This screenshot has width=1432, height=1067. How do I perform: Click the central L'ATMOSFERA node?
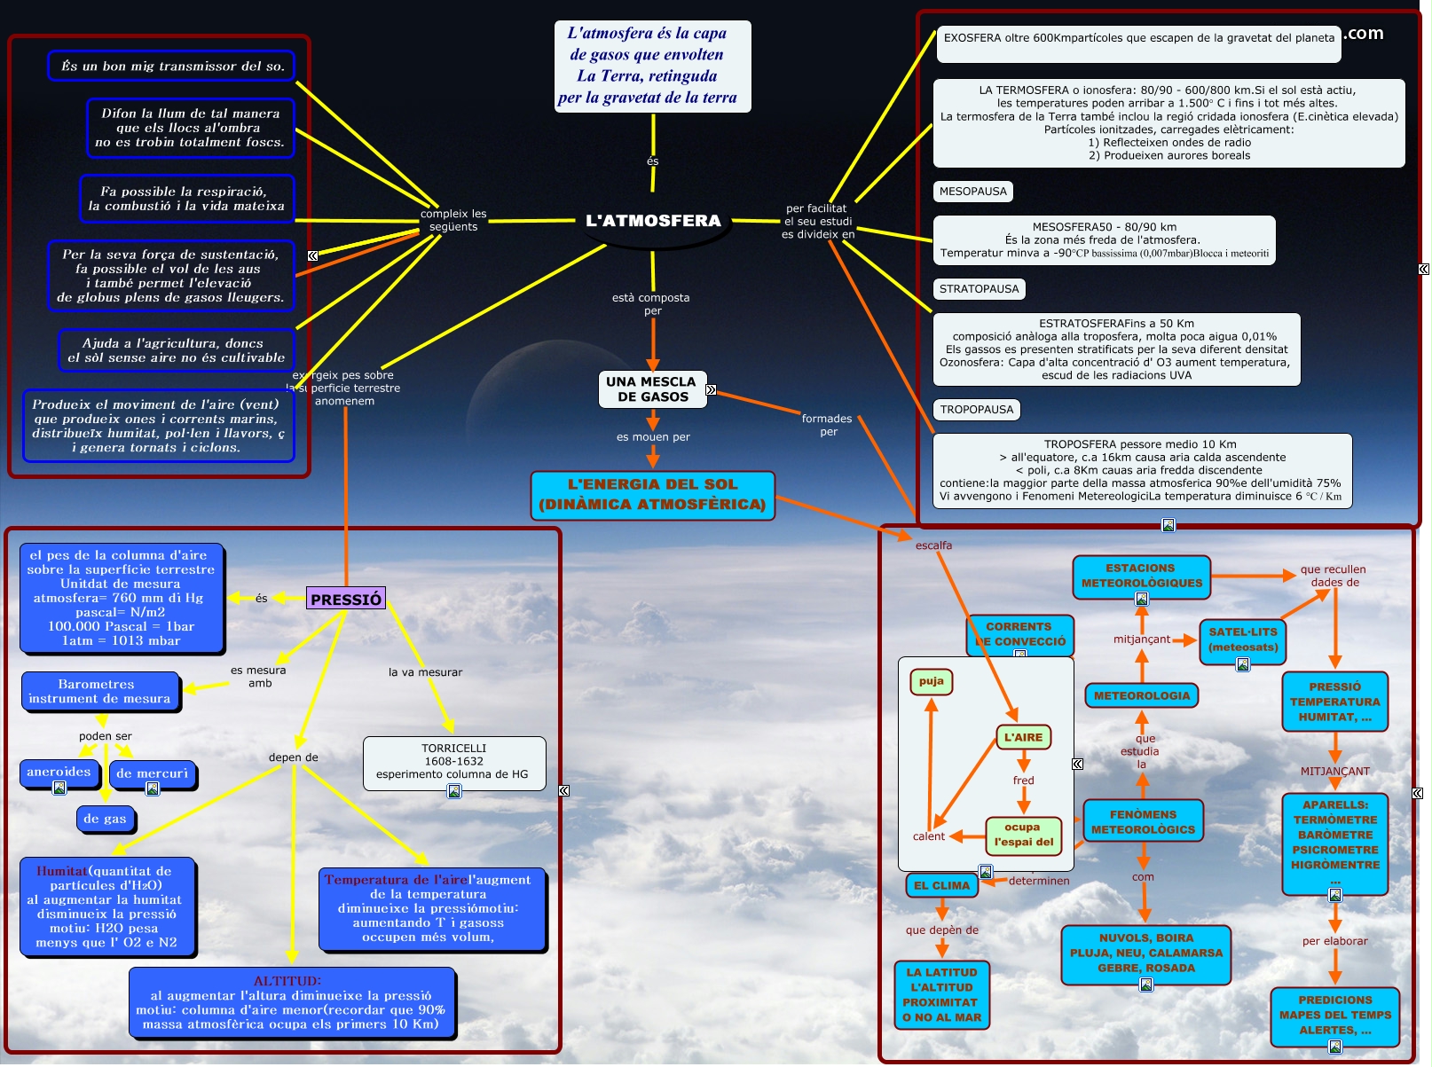[653, 221]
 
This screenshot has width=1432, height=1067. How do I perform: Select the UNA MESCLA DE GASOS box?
[652, 389]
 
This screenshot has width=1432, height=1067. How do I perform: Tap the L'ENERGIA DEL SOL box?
[652, 495]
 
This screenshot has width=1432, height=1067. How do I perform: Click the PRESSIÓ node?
[346, 600]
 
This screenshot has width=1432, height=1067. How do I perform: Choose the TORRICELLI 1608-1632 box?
[453, 762]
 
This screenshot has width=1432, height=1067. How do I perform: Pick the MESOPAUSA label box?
[973, 192]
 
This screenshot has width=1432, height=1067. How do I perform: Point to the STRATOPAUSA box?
[980, 289]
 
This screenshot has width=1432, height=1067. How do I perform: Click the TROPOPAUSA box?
[977, 410]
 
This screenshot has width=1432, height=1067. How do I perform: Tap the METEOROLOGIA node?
[1142, 696]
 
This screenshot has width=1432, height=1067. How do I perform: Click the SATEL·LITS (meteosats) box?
[1243, 639]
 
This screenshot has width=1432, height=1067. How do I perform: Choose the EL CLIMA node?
[942, 885]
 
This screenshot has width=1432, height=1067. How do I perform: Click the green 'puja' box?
[931, 681]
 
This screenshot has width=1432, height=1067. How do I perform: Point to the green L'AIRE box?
[1023, 737]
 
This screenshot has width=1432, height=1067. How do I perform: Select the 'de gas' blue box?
[105, 819]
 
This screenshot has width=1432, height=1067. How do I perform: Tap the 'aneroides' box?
[59, 773]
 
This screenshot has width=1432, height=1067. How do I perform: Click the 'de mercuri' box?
[152, 773]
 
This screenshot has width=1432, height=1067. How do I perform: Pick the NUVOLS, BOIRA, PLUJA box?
[1145, 953]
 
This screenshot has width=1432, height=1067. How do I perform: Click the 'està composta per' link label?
[651, 304]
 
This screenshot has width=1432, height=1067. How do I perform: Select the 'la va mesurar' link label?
[425, 672]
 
